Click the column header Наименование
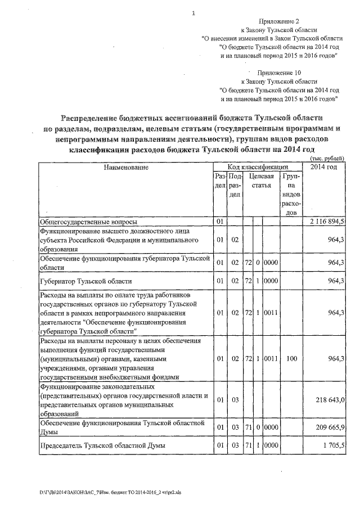coord(125,167)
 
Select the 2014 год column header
coord(324,167)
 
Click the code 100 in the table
coord(291,358)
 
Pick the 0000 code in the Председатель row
coord(271,445)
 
